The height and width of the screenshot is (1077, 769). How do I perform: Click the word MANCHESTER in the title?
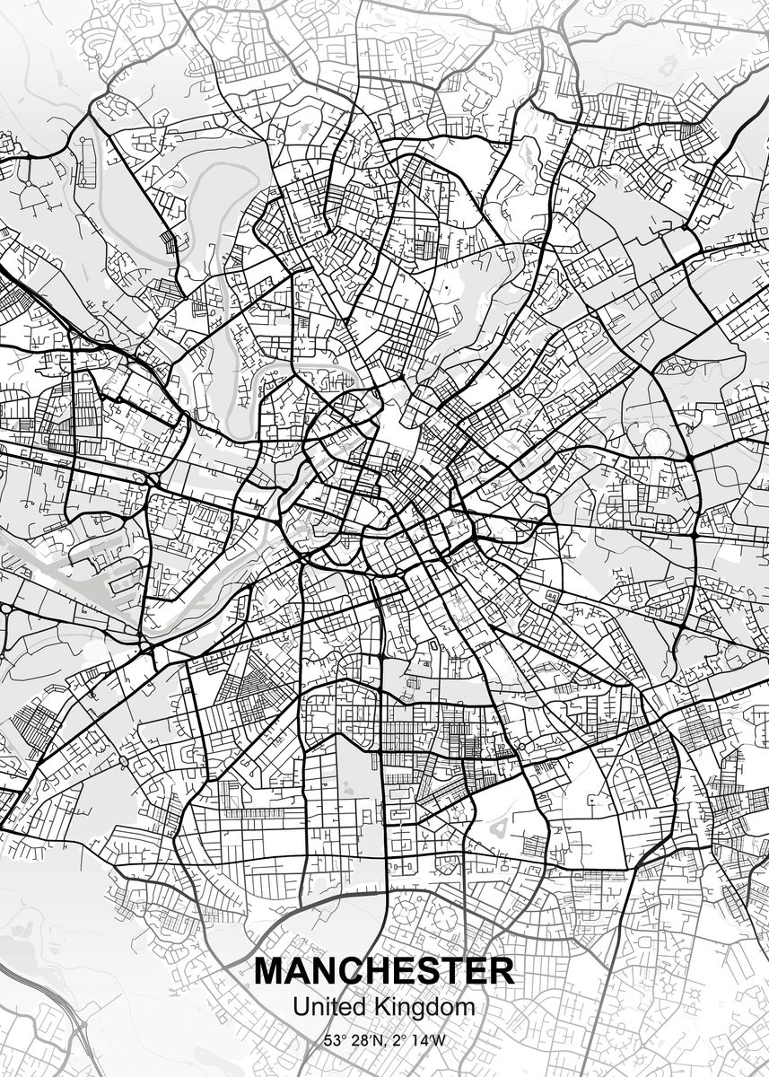[384, 971]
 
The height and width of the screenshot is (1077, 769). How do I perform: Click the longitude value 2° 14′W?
[419, 1041]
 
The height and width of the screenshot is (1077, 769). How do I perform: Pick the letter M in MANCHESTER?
[269, 971]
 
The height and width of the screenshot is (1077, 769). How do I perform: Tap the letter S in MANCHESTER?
[424, 971]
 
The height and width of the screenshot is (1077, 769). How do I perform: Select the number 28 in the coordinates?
[362, 1041]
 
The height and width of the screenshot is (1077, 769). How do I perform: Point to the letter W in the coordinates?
[438, 1041]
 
